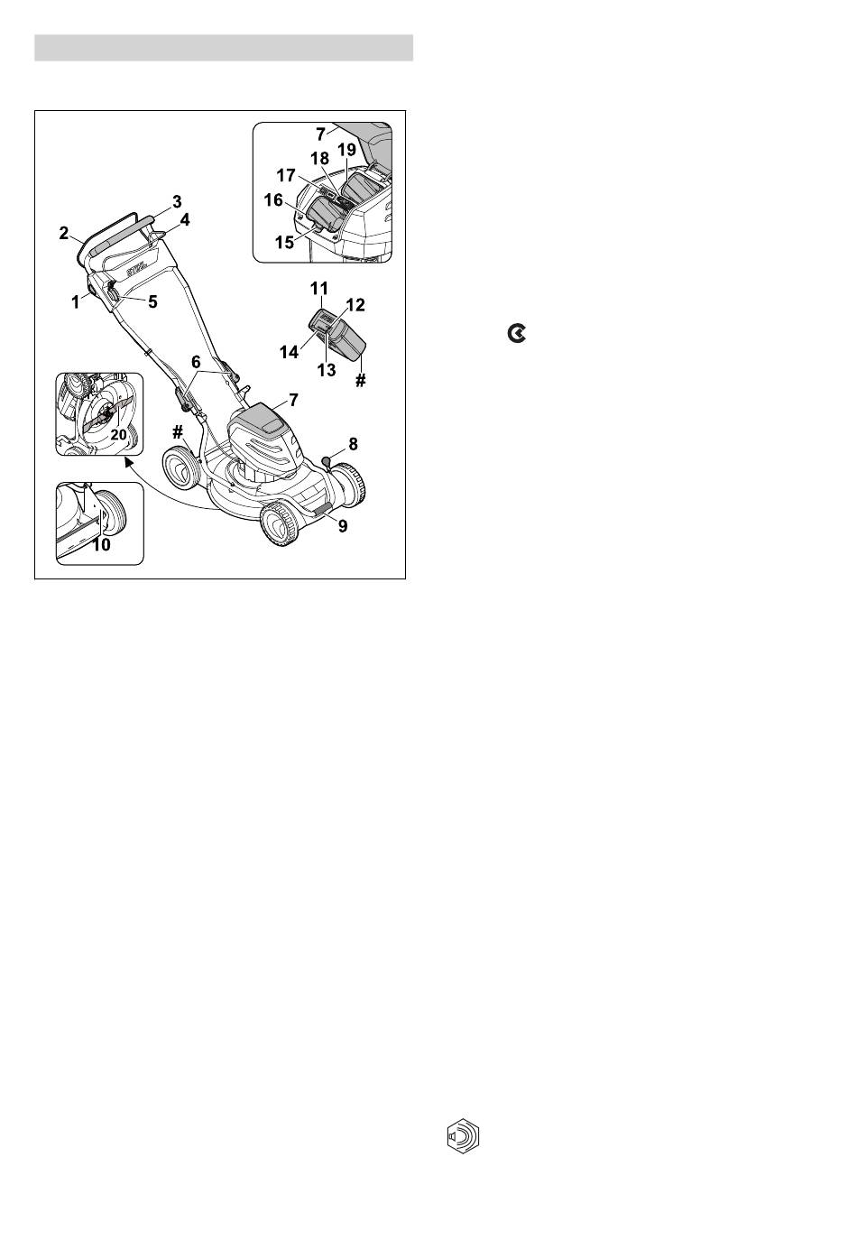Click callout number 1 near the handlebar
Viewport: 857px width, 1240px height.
(75, 303)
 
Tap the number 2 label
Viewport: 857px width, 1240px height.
(64, 233)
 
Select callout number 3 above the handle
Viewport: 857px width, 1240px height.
(177, 202)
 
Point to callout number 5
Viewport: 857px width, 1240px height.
(152, 301)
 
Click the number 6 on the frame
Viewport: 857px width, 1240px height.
(196, 363)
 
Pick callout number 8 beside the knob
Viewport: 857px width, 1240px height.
(353, 444)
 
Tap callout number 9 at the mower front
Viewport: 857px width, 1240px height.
(343, 526)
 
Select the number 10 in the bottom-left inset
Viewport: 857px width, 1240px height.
(101, 545)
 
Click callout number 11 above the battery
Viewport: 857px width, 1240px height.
(319, 289)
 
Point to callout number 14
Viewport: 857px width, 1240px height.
(290, 352)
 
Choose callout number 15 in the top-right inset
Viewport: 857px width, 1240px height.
(284, 243)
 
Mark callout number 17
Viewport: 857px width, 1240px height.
(286, 175)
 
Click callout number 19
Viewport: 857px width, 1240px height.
(347, 150)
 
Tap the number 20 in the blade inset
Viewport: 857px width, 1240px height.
(119, 435)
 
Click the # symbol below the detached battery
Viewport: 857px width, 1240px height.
(360, 381)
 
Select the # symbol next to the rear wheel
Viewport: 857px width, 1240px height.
(177, 433)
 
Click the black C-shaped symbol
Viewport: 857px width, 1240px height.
(517, 334)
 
